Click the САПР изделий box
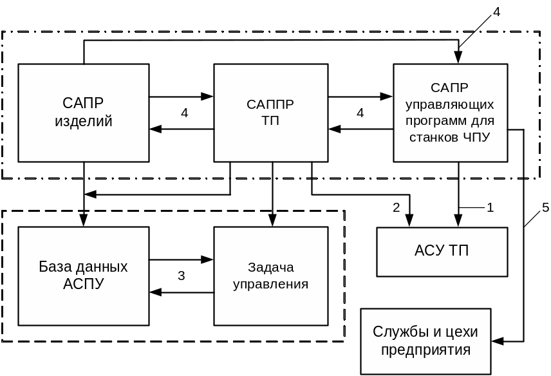pyautogui.click(x=84, y=113)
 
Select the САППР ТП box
pyautogui.click(x=270, y=113)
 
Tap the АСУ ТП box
pyautogui.click(x=442, y=251)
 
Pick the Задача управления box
pyautogui.click(x=270, y=276)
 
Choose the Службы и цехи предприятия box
pyautogui.click(x=425, y=341)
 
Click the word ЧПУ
pyautogui.click(x=476, y=137)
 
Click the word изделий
pyautogui.click(x=84, y=122)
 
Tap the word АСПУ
pyautogui.click(x=83, y=284)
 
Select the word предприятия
pyautogui.click(x=425, y=350)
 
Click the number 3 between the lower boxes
pyautogui.click(x=182, y=276)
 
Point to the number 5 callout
pyautogui.click(x=545, y=207)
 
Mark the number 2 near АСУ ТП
pyautogui.click(x=397, y=207)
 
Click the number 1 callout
pyautogui.click(x=490, y=207)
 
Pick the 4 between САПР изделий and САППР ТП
pyautogui.click(x=185, y=113)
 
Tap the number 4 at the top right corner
pyautogui.click(x=496, y=11)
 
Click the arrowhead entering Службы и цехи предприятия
pyautogui.click(x=498, y=341)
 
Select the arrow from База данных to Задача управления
pyautogui.click(x=181, y=259)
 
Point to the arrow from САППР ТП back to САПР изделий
pyautogui.click(x=181, y=129)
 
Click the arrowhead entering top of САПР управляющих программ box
pyautogui.click(x=458, y=59)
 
